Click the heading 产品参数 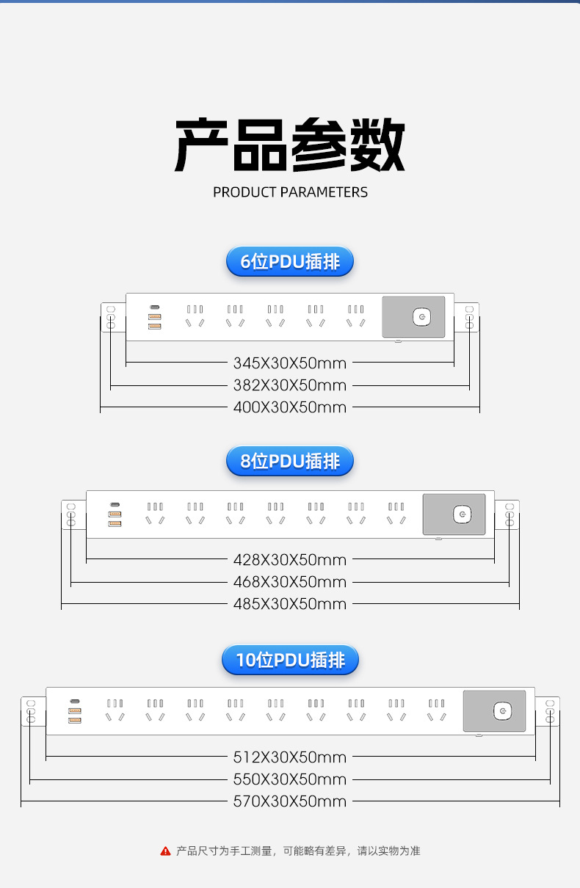pos(290,145)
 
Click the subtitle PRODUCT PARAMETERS pos(290,192)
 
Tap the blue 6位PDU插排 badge pos(290,262)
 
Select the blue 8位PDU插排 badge pos(290,461)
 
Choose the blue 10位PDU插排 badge pos(290,660)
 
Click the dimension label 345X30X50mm pos(290,363)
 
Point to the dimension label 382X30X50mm pos(290,385)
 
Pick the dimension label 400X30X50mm pos(290,407)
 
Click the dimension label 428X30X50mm pos(290,560)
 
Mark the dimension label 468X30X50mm pos(290,582)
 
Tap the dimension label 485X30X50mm pos(290,604)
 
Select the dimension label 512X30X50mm pos(290,757)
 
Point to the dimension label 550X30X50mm pos(290,779)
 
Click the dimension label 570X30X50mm pos(290,801)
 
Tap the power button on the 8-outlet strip pos(461,514)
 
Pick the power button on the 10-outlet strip pos(502,711)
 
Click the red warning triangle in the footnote pos(165,851)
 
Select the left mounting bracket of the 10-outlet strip pos(32,711)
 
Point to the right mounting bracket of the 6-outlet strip pos(468,317)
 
